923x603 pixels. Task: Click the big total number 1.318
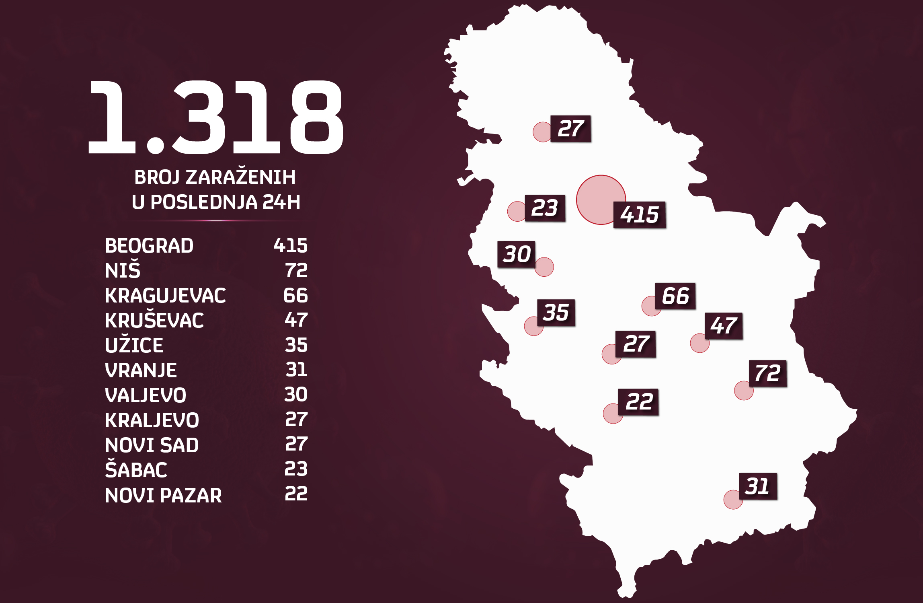click(x=215, y=117)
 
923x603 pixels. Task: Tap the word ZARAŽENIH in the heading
click(x=240, y=177)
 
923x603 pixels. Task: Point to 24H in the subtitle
click(x=281, y=202)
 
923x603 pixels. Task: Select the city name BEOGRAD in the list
click(x=149, y=246)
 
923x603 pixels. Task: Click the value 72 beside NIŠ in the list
click(x=296, y=270)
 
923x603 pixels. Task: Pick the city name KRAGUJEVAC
click(x=165, y=296)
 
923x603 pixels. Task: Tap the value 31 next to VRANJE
click(x=296, y=370)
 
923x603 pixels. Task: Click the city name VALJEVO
click(x=146, y=395)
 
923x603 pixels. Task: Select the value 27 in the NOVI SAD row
click(x=296, y=444)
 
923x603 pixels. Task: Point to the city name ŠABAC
click(x=136, y=470)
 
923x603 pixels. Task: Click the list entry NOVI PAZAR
click(x=163, y=495)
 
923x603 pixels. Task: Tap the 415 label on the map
click(x=639, y=215)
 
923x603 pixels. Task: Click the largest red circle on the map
click(x=601, y=200)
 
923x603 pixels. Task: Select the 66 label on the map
click(x=675, y=296)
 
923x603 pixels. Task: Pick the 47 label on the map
click(x=724, y=326)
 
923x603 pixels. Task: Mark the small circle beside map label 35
click(x=533, y=326)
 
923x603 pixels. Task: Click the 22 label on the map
click(x=638, y=402)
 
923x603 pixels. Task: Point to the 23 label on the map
click(x=545, y=208)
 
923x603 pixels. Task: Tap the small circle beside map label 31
click(x=733, y=500)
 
